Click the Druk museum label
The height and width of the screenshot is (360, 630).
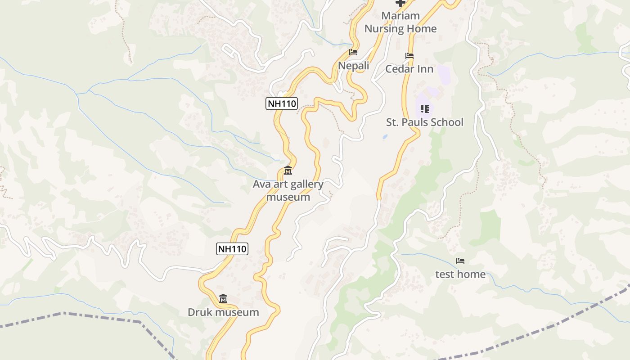click(223, 312)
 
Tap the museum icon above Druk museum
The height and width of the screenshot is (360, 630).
click(223, 298)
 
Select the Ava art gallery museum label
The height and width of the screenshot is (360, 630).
click(288, 190)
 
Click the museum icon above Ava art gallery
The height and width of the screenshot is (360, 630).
click(288, 171)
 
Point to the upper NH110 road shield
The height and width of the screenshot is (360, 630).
click(282, 103)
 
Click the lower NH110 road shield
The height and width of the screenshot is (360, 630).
click(232, 248)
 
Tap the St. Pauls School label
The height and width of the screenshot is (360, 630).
click(424, 122)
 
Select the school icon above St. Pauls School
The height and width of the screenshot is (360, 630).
click(424, 109)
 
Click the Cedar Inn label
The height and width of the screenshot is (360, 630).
click(409, 69)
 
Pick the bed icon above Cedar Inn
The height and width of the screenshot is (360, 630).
click(409, 56)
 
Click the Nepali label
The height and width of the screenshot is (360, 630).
click(353, 66)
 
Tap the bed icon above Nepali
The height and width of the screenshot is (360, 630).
click(353, 52)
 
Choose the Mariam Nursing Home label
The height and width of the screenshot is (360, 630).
click(400, 22)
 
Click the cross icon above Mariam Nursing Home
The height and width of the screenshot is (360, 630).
click(400, 3)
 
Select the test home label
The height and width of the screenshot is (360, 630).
click(460, 274)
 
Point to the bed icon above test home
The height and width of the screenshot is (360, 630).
click(460, 261)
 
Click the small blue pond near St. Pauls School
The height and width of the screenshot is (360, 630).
click(384, 136)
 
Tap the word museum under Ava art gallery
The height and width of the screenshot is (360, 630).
click(288, 197)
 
